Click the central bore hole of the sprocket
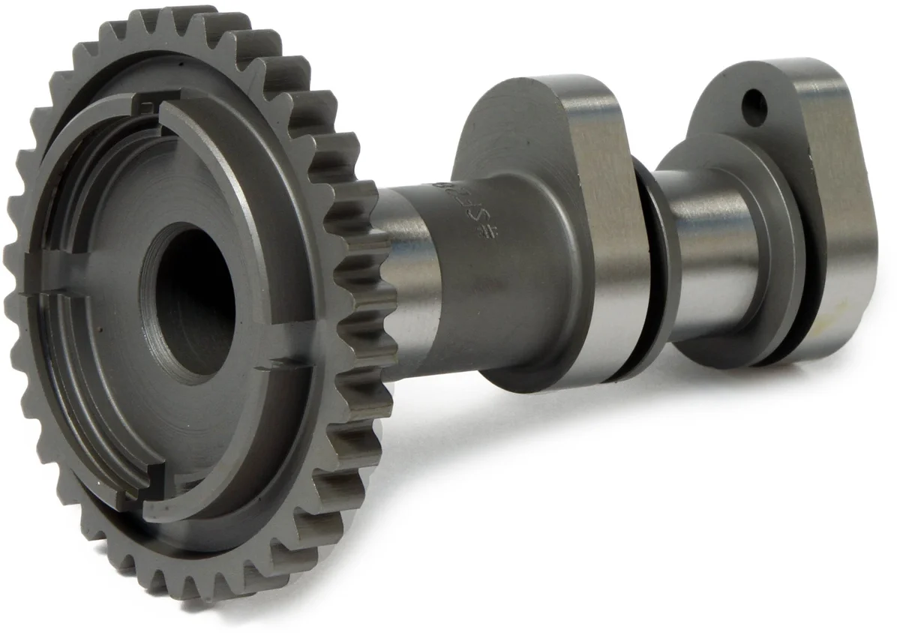tap(196, 300)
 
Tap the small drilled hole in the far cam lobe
tap(754, 108)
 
